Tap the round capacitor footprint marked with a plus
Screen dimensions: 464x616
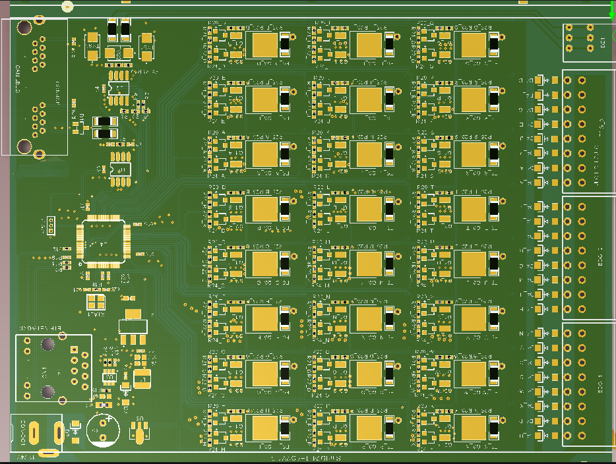103,430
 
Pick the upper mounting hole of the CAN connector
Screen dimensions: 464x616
24,28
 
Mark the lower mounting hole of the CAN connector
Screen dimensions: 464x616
24,146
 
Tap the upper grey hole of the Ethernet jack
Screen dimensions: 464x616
48,344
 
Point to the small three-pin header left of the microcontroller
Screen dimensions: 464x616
51,226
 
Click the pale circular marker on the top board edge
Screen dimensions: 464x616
67,6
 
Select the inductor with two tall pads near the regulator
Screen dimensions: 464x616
141,378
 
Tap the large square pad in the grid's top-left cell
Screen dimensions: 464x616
264,45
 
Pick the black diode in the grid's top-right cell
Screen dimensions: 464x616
494,45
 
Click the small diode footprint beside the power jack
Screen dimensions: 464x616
75,428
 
